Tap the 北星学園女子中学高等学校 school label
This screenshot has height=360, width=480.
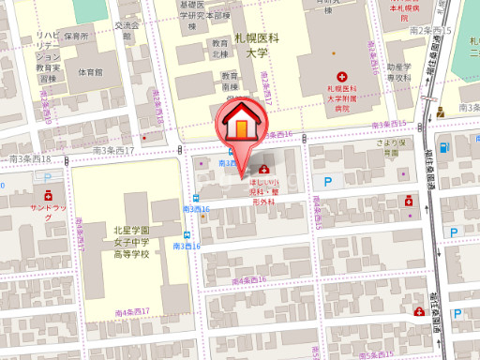pyautogui.click(x=126, y=242)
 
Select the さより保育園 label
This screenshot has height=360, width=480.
pyautogui.click(x=389, y=147)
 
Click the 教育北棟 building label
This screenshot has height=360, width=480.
pyautogui.click(x=219, y=50)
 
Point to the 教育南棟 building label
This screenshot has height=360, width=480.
pyautogui.click(x=224, y=80)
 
